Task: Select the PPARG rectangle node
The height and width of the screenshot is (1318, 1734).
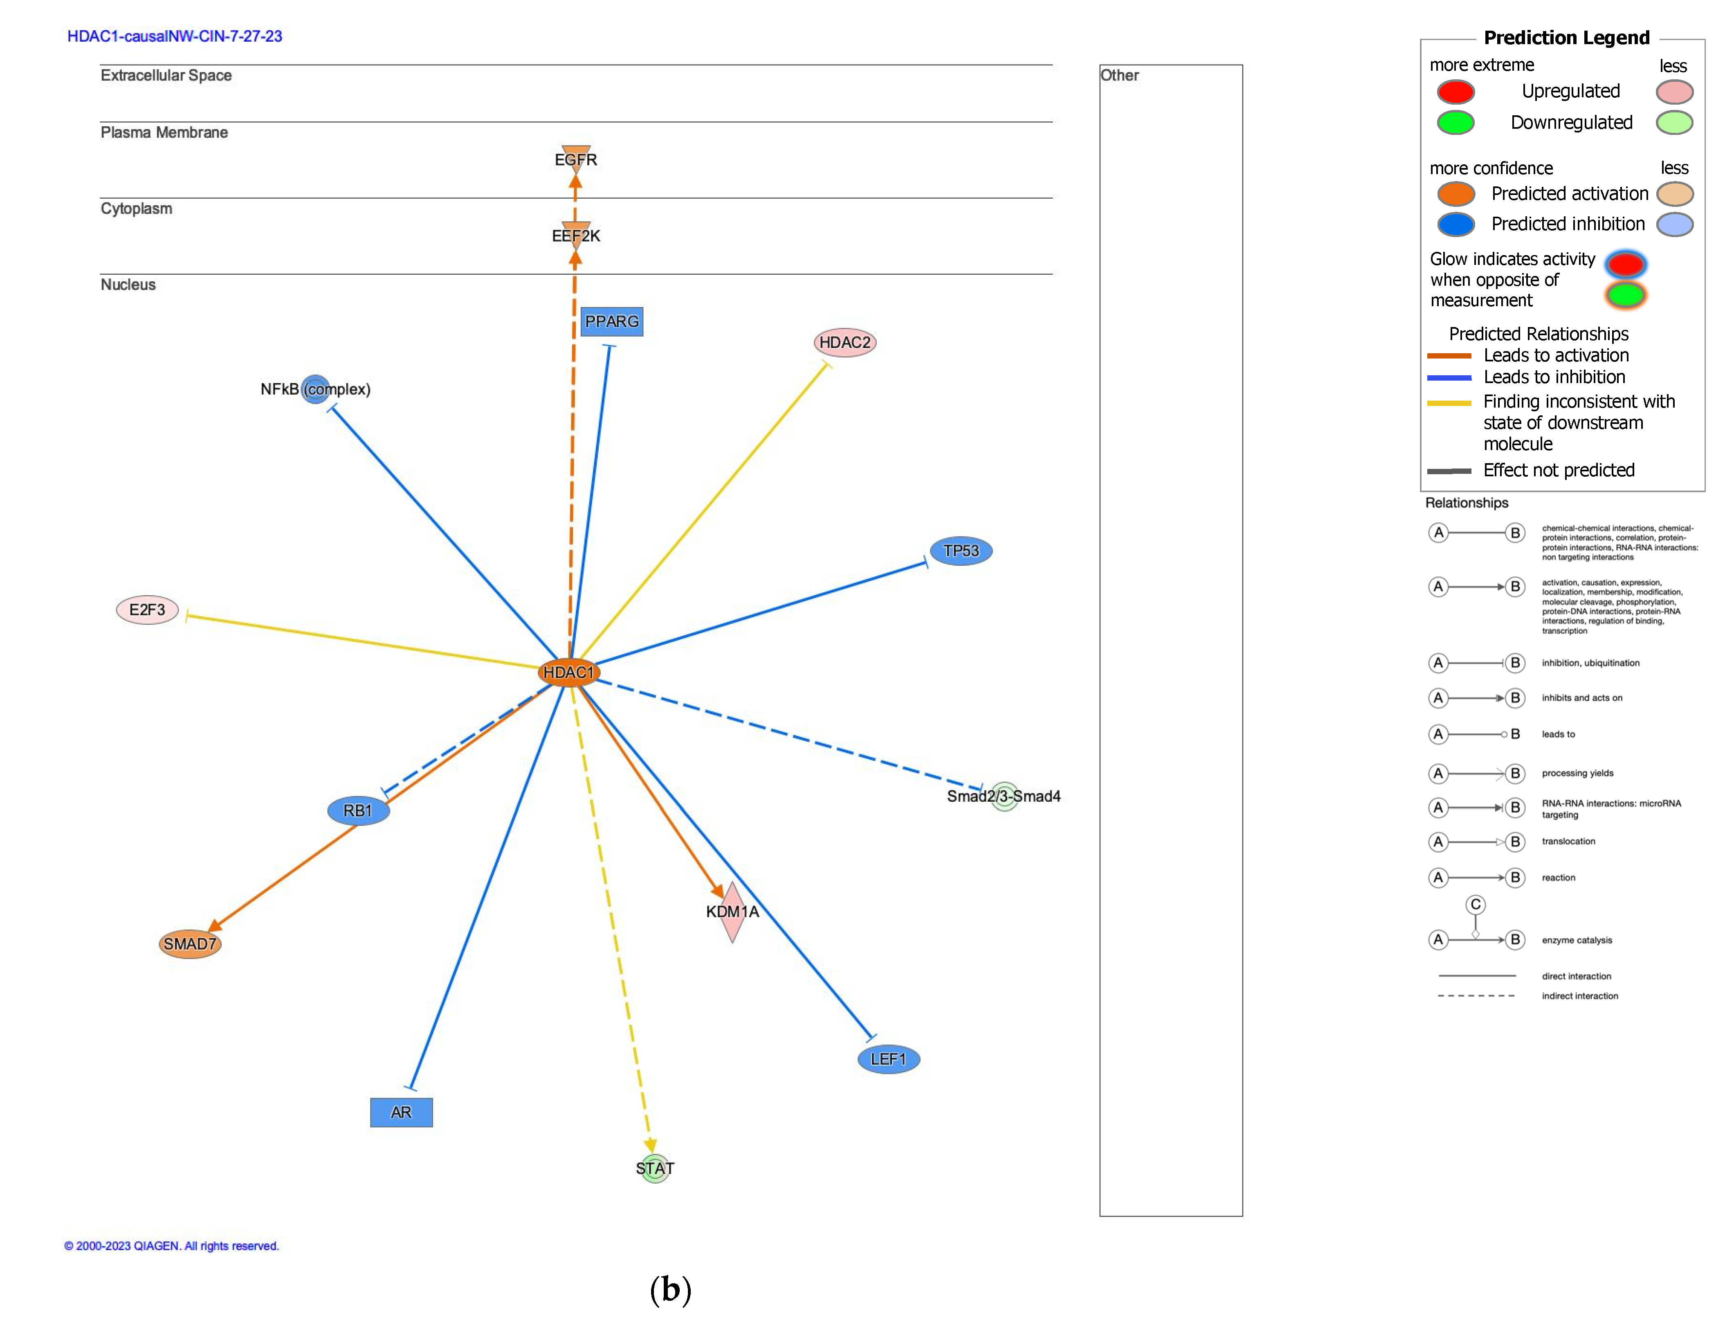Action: tap(611, 322)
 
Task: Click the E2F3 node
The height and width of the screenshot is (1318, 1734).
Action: tap(148, 610)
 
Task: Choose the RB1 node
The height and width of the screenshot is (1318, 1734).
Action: tap(358, 810)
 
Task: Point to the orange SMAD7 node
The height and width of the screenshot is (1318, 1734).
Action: tap(190, 944)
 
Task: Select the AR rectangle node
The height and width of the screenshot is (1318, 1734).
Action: tap(401, 1112)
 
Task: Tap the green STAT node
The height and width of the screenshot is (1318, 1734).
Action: tap(654, 1168)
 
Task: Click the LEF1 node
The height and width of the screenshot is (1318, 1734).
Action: tap(888, 1059)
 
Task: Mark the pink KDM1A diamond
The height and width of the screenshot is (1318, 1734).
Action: tap(732, 912)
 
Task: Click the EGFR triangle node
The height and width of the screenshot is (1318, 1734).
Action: tap(576, 157)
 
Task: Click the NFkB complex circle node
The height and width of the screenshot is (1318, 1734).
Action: tap(315, 389)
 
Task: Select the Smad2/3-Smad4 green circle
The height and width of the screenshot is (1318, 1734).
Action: tap(1004, 796)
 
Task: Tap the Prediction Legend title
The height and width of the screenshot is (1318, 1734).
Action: tap(1566, 38)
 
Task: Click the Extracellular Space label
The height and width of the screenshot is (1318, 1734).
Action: tap(166, 75)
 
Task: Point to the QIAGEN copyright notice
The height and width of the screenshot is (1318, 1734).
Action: tap(171, 1246)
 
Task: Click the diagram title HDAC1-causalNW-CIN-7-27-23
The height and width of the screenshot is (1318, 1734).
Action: tap(174, 36)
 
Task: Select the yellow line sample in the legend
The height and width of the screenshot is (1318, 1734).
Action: tap(1449, 403)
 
